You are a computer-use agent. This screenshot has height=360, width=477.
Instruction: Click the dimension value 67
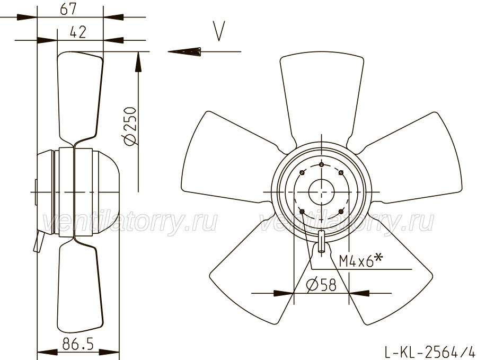click(68, 8)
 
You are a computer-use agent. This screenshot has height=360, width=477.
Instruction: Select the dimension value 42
click(78, 32)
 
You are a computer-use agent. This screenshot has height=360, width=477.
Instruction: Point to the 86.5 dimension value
click(78, 344)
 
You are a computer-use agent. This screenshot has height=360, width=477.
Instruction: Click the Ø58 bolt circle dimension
click(321, 285)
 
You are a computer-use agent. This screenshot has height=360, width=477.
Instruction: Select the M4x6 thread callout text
click(360, 260)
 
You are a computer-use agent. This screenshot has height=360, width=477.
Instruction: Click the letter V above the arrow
click(219, 31)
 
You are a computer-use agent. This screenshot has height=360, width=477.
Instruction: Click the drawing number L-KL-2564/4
click(429, 352)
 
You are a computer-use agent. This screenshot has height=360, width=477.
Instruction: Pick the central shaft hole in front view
click(321, 192)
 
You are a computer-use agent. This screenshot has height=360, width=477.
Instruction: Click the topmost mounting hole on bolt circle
click(322, 165)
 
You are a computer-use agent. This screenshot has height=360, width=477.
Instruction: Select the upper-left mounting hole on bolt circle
click(302, 173)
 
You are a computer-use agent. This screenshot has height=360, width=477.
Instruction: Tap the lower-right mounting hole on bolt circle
click(341, 211)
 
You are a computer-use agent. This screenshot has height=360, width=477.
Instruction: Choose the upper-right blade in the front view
click(411, 161)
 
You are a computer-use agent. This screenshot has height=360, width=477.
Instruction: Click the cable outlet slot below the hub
click(322, 242)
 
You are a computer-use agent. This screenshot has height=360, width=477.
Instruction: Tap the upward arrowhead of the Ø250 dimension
click(138, 62)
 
